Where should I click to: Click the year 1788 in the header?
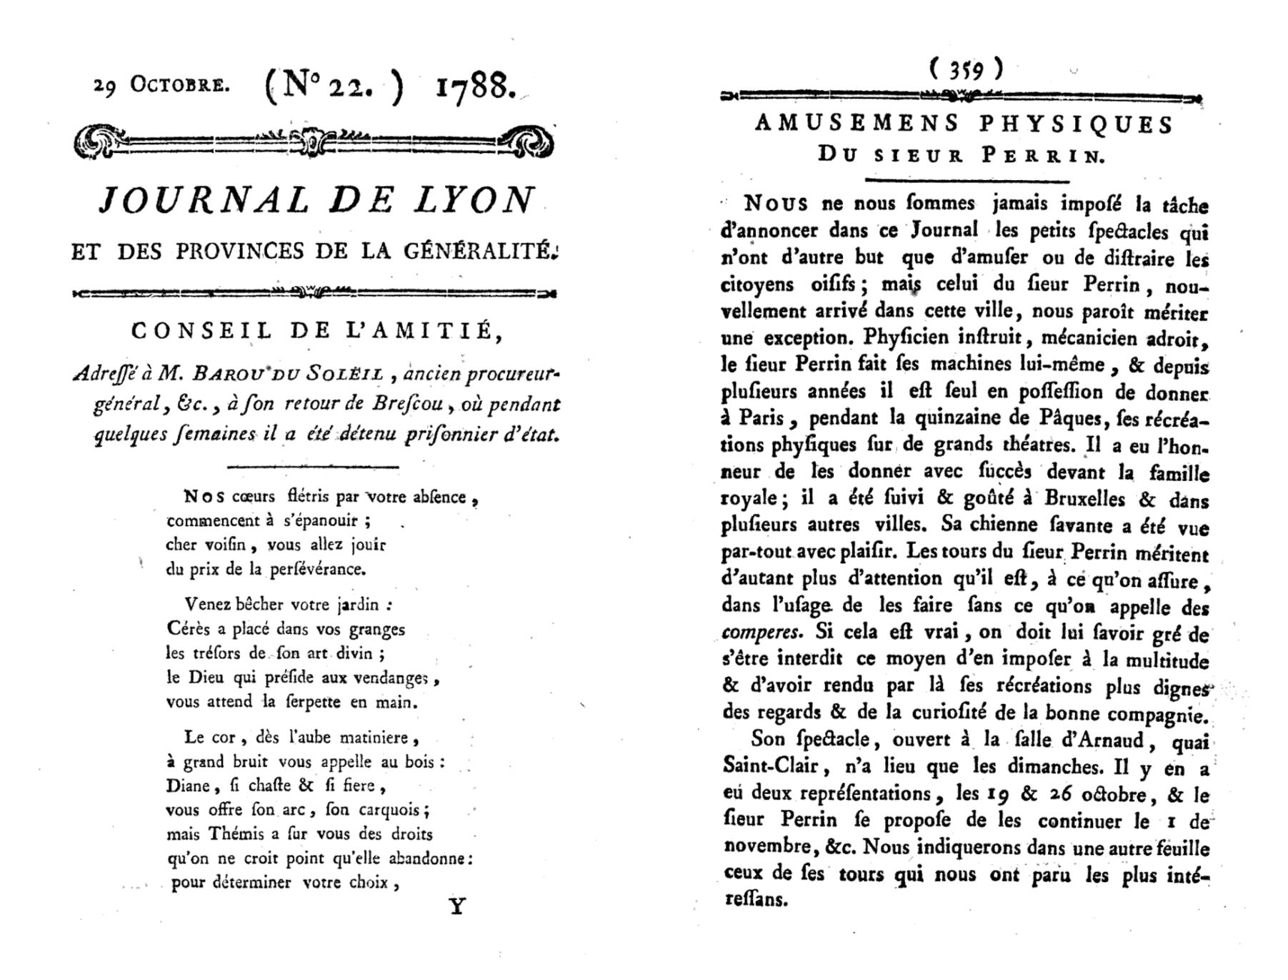474,87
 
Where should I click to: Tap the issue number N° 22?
334,89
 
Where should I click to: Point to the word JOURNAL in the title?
204,200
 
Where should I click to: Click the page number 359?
967,69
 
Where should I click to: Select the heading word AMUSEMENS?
857,124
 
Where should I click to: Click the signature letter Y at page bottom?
457,907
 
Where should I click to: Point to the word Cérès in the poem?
188,629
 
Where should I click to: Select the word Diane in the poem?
188,786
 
